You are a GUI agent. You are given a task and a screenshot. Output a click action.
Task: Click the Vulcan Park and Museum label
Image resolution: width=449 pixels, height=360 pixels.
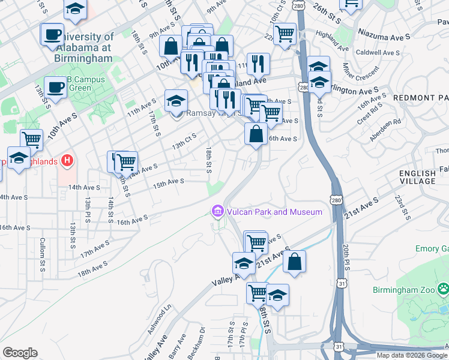274,212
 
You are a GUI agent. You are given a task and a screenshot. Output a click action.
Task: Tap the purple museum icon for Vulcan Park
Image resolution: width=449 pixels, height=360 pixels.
217,211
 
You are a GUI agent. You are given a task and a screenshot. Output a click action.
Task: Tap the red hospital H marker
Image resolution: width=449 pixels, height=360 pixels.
67,161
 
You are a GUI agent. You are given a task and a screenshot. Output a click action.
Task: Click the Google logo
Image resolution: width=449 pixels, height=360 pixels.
20,353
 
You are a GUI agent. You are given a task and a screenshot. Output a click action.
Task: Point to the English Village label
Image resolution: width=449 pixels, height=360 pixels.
418,177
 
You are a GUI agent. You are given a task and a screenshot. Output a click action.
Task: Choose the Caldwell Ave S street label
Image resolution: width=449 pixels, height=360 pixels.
379,53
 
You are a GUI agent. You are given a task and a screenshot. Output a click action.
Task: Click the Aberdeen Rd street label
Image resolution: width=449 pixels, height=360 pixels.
386,129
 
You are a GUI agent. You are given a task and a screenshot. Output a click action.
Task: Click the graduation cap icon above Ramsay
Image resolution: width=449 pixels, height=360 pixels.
176,100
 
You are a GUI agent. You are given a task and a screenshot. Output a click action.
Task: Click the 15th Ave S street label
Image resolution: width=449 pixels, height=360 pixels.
168,182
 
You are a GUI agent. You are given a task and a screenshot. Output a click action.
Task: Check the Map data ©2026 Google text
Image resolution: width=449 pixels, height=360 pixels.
412,355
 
